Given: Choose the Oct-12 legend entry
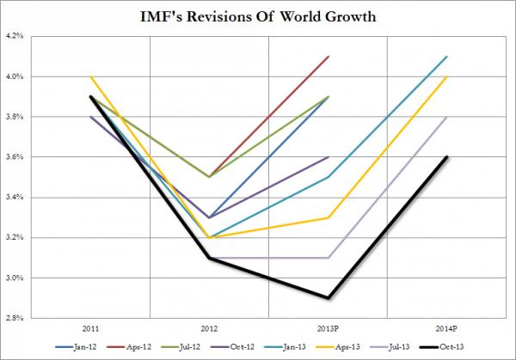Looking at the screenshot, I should pos(235,347).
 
